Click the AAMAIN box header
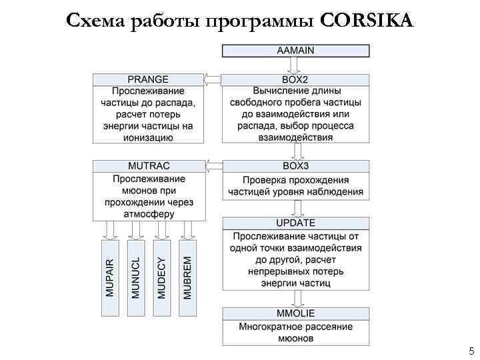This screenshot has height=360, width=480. point(295,50)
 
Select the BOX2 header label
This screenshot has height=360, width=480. point(295,80)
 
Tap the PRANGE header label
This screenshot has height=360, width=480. point(148,80)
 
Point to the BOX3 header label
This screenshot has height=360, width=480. point(295,165)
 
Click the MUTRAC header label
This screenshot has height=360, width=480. point(148,165)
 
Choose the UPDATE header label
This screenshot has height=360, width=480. point(295,223)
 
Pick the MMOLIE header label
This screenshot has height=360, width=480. point(295,313)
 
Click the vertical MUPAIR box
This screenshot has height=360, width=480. point(111,277)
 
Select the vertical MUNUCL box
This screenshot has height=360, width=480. point(136,277)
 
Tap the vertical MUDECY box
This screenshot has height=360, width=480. point(162,277)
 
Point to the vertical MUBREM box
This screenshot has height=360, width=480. point(187,277)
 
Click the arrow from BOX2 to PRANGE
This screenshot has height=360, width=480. point(213,81)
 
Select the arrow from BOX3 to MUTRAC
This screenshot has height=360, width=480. point(213,165)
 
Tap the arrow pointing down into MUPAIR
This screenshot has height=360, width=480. point(111,229)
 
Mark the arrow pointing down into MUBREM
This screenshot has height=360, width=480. point(187,229)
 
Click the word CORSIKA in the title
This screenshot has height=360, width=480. point(367,21)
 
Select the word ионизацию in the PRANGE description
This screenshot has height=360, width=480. point(148,137)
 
